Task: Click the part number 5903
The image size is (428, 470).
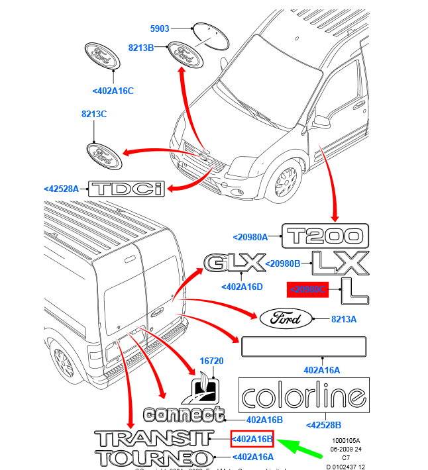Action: [x=160, y=28]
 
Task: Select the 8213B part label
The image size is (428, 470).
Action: [x=141, y=48]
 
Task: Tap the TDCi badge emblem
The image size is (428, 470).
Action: [x=127, y=189]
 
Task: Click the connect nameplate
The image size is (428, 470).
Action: [x=183, y=415]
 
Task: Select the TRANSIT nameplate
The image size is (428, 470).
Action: [x=153, y=438]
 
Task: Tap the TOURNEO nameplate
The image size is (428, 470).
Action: [x=153, y=457]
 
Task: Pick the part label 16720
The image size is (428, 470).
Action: [x=213, y=361]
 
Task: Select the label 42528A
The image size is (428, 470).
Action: [x=62, y=189]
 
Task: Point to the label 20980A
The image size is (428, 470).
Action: [x=250, y=236]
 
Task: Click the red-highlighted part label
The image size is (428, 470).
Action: [x=307, y=289]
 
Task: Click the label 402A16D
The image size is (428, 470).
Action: [x=242, y=287]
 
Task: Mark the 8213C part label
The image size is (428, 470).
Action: [x=93, y=114]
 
